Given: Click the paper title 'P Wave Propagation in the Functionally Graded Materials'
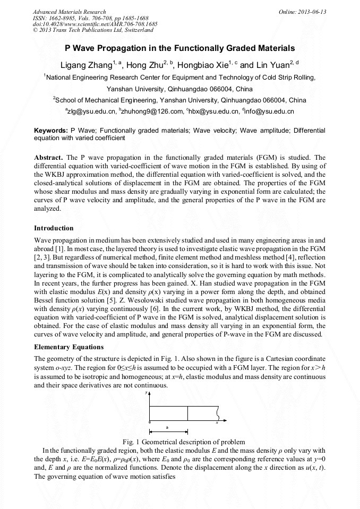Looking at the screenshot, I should coord(179,48).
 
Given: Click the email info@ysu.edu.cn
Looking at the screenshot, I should coord(269,111).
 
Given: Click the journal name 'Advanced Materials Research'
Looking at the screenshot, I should coord(70,12).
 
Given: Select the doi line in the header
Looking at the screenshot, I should coord(95,24).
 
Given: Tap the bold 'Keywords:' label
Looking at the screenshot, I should coord(51,130).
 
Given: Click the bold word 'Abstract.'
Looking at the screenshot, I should coord(49,158).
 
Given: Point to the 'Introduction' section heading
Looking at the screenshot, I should coord(54,228).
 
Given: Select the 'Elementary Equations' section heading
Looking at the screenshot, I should coord(68,347).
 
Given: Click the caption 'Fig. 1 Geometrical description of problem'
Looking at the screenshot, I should coord(184,442).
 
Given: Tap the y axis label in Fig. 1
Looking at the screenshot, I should coord(146,393).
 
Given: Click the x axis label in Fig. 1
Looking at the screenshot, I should coord(217,422).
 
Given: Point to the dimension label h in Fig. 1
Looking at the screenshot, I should coord(167,427).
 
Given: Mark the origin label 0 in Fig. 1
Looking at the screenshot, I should coord(149,422).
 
